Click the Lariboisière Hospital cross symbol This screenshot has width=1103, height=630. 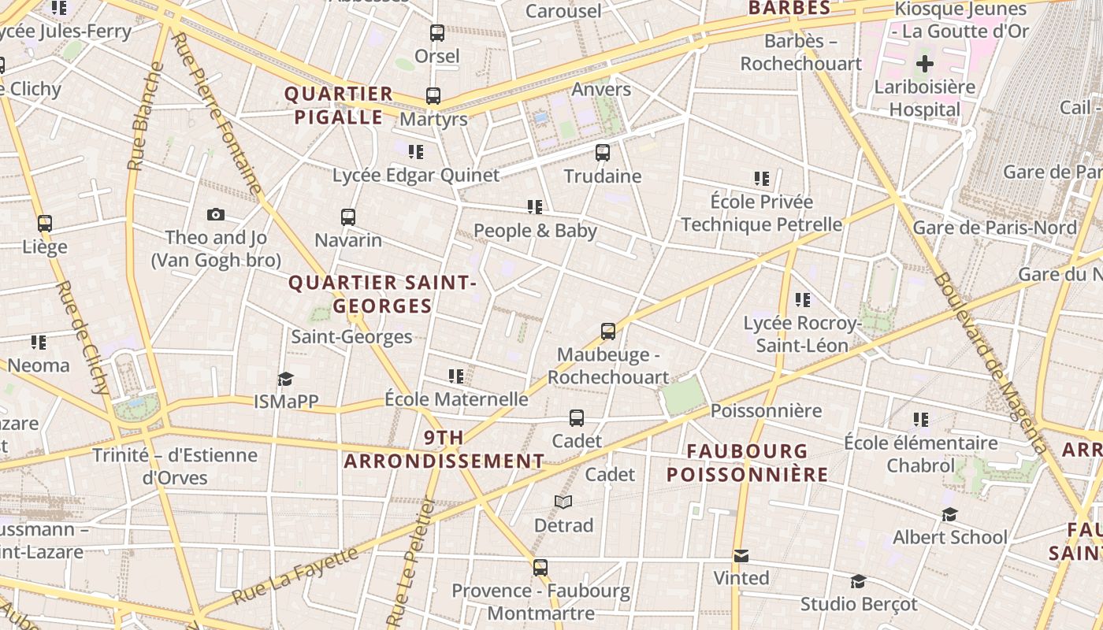925,64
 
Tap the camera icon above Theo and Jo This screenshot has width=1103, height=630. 215,214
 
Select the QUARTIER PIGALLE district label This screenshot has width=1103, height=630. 339,106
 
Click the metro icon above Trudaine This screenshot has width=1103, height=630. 603,153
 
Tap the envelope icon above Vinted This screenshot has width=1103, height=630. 741,556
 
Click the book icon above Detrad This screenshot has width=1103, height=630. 563,502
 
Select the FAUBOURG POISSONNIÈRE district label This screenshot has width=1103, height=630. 747,462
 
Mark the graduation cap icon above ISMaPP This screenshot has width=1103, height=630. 285,380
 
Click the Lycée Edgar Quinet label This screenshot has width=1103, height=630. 416,175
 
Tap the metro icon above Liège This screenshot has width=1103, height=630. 45,224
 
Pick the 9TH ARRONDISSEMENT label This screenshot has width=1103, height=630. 444,449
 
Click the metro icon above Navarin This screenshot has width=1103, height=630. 348,217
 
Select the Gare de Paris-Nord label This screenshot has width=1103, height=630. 994,228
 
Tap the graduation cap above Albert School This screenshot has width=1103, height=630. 949,515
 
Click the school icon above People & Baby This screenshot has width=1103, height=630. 535,207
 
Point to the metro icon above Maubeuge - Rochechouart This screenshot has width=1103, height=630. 608,332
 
